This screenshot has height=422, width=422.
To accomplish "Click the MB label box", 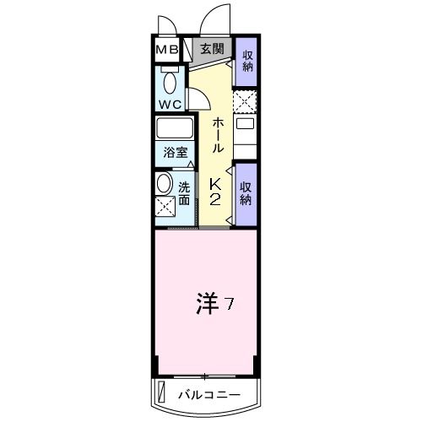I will [x=165, y=49].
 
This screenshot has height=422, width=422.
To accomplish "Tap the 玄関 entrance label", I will [x=212, y=49].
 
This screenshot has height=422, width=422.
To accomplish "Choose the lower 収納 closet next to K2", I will [x=246, y=193].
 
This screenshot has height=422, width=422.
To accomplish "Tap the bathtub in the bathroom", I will [x=175, y=130].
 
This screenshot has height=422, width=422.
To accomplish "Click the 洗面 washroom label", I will [x=184, y=193].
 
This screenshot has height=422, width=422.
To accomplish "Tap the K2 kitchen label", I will [x=214, y=192].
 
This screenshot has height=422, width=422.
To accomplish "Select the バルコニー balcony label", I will [x=209, y=394].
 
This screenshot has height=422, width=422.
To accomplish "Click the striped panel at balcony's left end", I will [x=160, y=393].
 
